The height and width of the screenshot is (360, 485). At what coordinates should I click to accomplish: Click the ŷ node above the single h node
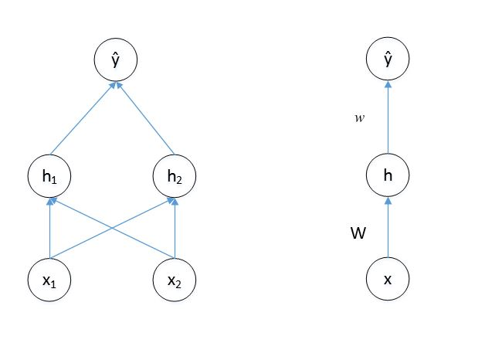click(x=388, y=59)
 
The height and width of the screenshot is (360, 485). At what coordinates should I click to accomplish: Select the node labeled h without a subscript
click(x=388, y=175)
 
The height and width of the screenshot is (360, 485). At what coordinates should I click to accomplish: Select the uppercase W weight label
click(x=358, y=231)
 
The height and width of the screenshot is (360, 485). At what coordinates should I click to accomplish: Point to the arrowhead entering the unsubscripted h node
click(x=388, y=200)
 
